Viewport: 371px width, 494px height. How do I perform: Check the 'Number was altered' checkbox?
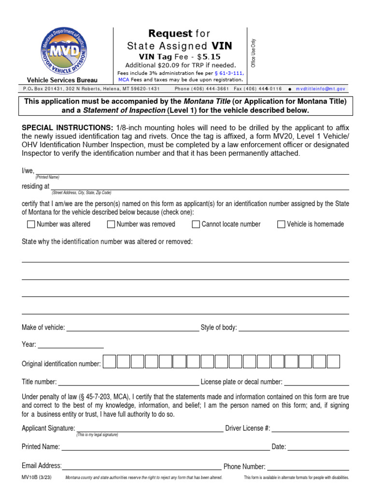click(x=31, y=224)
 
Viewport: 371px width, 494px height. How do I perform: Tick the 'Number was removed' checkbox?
click(x=111, y=224)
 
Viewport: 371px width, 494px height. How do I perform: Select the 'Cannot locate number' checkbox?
click(x=196, y=224)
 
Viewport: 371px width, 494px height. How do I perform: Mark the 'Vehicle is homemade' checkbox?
click(x=281, y=224)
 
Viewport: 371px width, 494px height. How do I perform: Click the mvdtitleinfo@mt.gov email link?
click(x=320, y=89)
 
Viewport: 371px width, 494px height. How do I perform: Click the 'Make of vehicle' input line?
click(x=132, y=328)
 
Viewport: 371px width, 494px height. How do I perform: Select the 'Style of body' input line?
click(x=294, y=328)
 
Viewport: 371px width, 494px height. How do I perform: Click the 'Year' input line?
click(x=71, y=344)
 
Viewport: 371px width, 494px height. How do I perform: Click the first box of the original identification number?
click(x=110, y=362)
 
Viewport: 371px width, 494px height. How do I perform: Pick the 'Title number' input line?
click(x=128, y=382)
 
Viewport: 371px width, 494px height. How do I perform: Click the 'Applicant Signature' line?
click(x=150, y=428)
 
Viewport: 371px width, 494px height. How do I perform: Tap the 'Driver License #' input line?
click(x=310, y=428)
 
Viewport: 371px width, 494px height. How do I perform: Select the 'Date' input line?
click(x=318, y=447)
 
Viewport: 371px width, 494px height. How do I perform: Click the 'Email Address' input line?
click(x=142, y=466)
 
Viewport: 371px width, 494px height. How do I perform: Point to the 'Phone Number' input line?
click(x=308, y=467)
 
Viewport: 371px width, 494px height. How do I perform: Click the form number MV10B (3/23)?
click(x=36, y=478)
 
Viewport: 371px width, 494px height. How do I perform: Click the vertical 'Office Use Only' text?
click(x=253, y=53)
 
